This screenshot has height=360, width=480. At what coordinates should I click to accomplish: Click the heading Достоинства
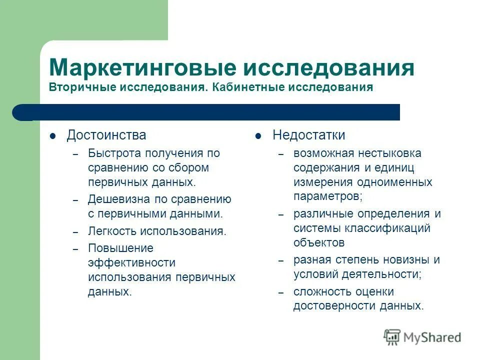click(x=106, y=135)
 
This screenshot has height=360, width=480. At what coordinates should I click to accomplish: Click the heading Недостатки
click(x=308, y=135)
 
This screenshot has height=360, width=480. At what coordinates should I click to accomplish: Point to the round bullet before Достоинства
click(x=52, y=136)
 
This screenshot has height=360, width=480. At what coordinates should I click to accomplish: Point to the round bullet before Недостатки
click(x=258, y=136)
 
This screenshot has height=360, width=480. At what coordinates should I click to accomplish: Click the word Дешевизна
click(x=116, y=199)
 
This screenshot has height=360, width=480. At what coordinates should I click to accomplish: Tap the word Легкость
click(x=112, y=231)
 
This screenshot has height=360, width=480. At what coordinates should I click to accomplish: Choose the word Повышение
click(x=120, y=248)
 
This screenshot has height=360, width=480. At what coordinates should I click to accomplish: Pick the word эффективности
click(x=131, y=262)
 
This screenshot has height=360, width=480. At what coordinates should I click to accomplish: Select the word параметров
click(x=326, y=196)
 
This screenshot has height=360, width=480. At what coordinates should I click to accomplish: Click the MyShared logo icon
click(x=392, y=337)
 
